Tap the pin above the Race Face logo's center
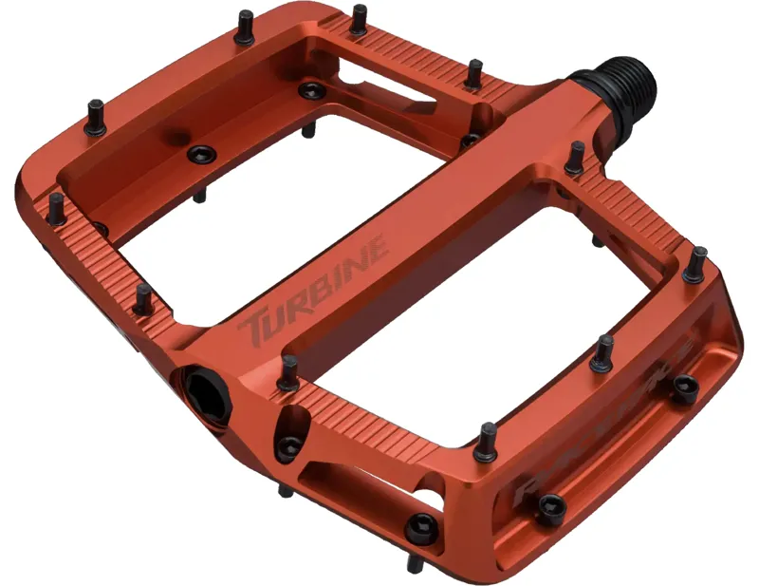602,353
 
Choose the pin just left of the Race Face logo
488,439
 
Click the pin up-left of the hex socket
142,299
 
